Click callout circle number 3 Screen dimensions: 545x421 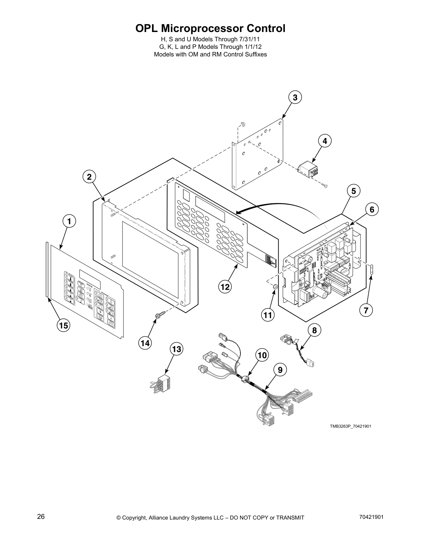[295, 97]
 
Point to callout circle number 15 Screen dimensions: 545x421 [64, 325]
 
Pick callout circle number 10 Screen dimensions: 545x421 [262, 355]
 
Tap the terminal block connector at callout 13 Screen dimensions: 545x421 [161, 383]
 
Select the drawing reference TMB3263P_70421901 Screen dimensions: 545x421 [350, 426]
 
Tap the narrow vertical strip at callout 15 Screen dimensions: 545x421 [46, 268]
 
